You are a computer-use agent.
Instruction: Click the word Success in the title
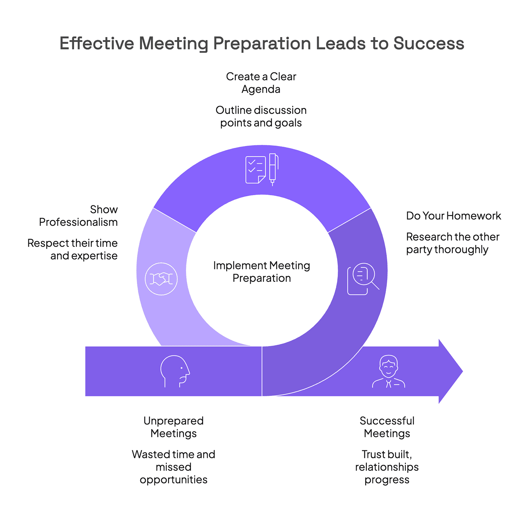pos(428,43)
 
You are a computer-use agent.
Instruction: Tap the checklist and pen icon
pos(262,169)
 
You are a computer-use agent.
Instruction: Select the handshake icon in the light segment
pos(161,279)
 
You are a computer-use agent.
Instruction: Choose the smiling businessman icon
pos(388,372)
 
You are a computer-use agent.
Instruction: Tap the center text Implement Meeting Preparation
pos(261,272)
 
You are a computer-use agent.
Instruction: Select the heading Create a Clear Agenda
pos(261,83)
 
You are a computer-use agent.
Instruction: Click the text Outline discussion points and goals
pos(261,116)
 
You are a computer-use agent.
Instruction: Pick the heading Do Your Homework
pos(453,216)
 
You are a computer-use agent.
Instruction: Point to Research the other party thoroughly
pos(452,243)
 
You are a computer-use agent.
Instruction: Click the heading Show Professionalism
pos(79,216)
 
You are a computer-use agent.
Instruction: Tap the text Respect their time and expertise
pos(73,249)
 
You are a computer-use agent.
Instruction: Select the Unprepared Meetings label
pos(174,427)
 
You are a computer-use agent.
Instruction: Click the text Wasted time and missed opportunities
pos(174,467)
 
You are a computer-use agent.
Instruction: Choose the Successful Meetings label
pos(387,427)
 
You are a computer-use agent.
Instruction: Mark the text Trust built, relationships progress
pos(387,467)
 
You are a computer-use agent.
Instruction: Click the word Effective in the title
pos(96,43)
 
